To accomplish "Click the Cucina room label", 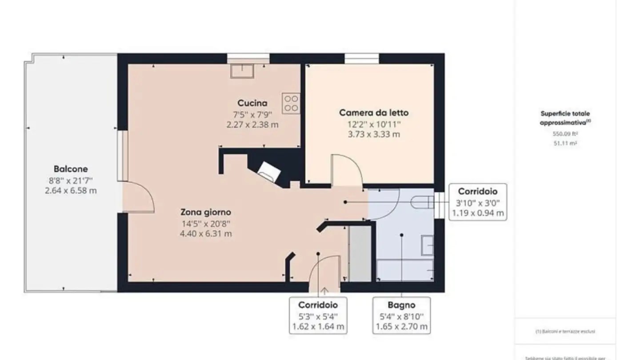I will click(x=252, y=104).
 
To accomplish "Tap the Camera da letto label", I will click(x=373, y=113).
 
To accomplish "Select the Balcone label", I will click(x=71, y=169).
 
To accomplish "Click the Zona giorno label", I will click(x=205, y=212).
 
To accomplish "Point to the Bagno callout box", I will click(x=401, y=316).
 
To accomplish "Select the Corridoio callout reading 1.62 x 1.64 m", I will click(x=318, y=316).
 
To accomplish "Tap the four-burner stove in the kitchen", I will click(x=291, y=103).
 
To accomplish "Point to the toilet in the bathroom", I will click(x=422, y=203).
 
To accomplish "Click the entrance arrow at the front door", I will click(x=324, y=292).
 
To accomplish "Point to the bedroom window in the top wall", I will click(x=362, y=59).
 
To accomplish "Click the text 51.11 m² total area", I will click(x=565, y=144).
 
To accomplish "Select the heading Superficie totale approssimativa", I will click(x=565, y=118).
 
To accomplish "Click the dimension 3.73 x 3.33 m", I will click(x=373, y=134).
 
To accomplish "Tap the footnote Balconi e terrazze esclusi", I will click(x=565, y=332).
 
